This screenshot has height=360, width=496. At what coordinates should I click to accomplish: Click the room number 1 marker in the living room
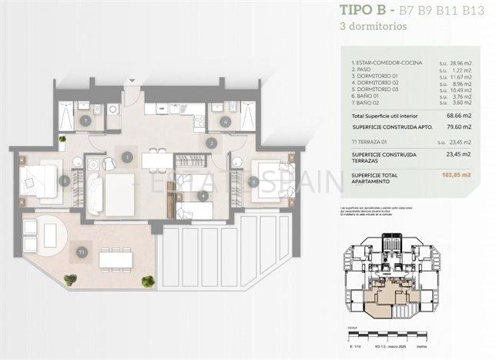click(x=127, y=157)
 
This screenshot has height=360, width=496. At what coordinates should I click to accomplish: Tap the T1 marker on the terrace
click(x=82, y=251)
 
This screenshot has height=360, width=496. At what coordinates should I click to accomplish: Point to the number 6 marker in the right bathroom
click(x=225, y=121)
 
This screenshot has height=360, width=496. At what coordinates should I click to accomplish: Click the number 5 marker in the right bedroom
click(x=253, y=182)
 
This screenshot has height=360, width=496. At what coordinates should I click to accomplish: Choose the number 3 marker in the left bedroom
click(x=65, y=180)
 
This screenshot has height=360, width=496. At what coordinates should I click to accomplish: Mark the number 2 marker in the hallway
click(x=211, y=143)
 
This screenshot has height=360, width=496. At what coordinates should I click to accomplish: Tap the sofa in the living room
click(x=95, y=193)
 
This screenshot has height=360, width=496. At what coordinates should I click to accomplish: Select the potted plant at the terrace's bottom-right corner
click(x=147, y=281)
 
